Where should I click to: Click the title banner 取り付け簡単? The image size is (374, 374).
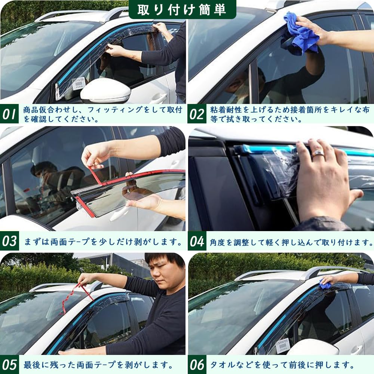[183, 10]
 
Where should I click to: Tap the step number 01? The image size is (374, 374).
[9, 114]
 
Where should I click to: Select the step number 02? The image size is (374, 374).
[197, 114]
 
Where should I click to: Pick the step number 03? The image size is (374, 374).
[9, 241]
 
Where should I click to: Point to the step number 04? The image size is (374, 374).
[197, 241]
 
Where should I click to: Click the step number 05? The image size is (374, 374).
[9, 364]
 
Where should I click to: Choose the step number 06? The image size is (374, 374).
[197, 364]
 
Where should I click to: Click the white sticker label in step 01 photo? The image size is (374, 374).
[79, 84]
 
